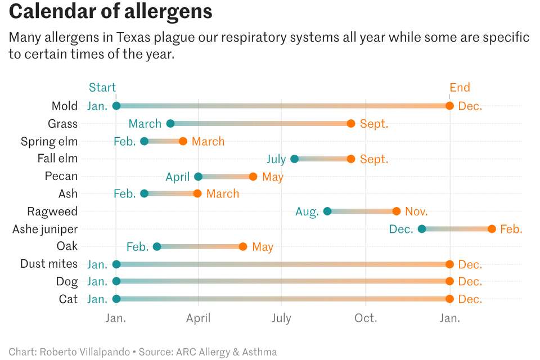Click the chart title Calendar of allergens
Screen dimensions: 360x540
[x=111, y=12]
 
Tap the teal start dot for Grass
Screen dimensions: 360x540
[x=170, y=124]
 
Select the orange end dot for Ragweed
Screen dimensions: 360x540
[x=397, y=211]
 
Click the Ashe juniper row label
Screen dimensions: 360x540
[x=45, y=229]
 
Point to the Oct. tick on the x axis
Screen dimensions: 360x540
[x=366, y=318]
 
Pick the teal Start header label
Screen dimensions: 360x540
[x=102, y=87]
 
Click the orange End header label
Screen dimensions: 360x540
[x=460, y=87]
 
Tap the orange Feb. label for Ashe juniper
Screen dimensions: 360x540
[x=511, y=229]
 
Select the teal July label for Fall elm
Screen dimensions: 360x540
[x=276, y=159]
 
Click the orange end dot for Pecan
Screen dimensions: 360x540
[x=253, y=177]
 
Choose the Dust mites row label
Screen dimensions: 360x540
[x=49, y=264]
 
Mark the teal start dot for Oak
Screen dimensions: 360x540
[x=157, y=246]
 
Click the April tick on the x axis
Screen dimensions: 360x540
[x=198, y=318]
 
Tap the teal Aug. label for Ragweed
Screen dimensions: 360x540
[x=307, y=211]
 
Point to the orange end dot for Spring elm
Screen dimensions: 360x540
[x=183, y=141]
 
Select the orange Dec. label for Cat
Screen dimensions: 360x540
[x=470, y=299]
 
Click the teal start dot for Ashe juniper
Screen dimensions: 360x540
[x=422, y=229]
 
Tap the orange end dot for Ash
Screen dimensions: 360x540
[x=197, y=193]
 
